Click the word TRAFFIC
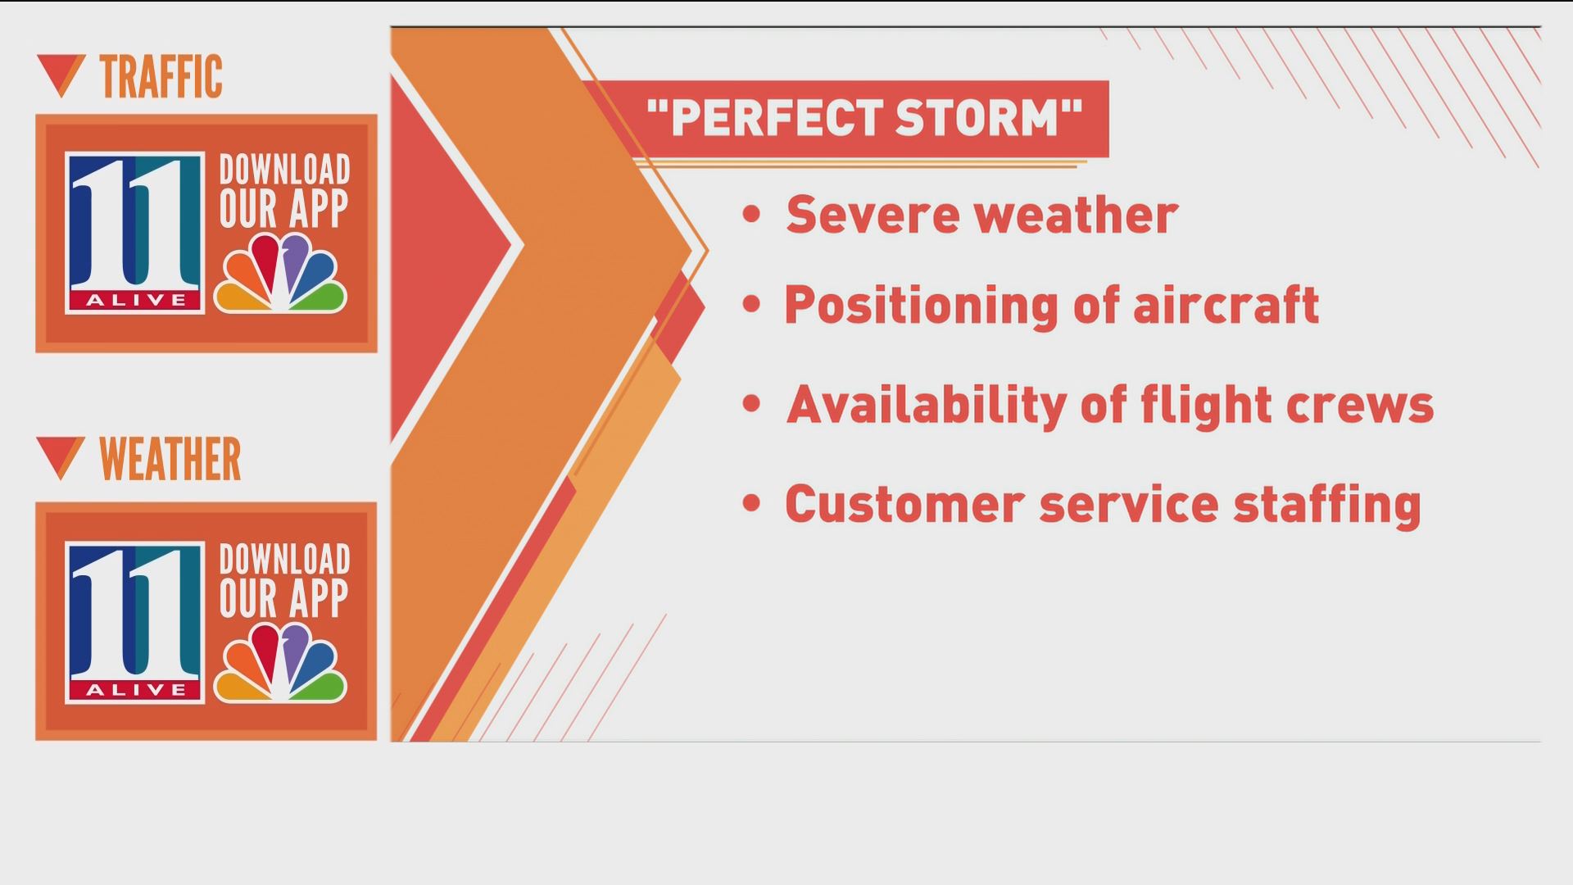(x=161, y=77)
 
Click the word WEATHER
(x=170, y=459)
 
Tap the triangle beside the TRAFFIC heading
(x=61, y=75)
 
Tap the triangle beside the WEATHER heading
(x=61, y=457)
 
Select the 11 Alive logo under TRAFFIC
(x=135, y=233)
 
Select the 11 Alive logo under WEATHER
(x=135, y=622)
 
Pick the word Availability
(x=926, y=405)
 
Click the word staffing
(x=1327, y=505)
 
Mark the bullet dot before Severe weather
(x=751, y=215)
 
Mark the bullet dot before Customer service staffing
(x=751, y=502)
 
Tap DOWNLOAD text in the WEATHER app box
(x=284, y=560)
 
